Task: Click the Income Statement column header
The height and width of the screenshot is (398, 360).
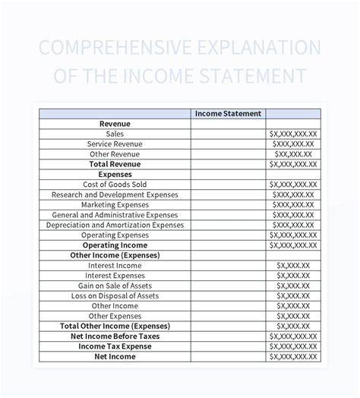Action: [x=228, y=113]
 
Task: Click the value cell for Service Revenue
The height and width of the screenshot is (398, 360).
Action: [x=292, y=144]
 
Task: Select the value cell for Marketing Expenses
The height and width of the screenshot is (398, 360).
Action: [x=292, y=205]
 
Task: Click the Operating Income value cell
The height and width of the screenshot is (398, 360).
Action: [x=292, y=245]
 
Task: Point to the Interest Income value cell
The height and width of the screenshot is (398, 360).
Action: [x=292, y=266]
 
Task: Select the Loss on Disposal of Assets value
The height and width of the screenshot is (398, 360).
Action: [x=292, y=295]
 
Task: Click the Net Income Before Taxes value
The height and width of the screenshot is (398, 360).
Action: [x=292, y=336]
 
